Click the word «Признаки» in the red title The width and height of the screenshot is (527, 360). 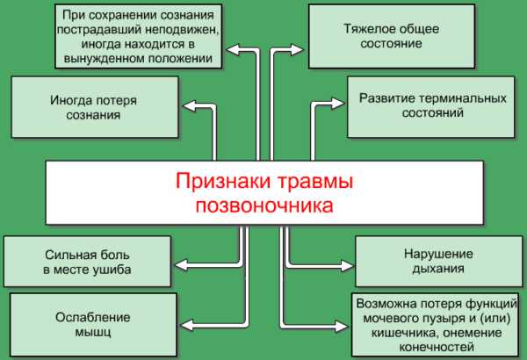coord(223,182)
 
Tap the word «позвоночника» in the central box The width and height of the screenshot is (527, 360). coord(264,205)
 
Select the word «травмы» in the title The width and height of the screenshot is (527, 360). coord(315,182)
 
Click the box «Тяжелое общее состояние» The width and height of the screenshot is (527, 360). coord(392,36)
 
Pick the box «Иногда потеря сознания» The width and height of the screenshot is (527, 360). coord(95,107)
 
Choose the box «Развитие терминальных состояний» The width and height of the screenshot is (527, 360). coord(431,107)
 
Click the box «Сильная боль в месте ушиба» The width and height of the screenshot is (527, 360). coord(87,262)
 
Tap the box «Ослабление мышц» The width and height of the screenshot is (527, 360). coord(93,325)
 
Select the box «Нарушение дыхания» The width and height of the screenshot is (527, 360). coord(438,262)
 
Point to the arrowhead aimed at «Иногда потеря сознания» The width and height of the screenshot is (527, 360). coord(189,106)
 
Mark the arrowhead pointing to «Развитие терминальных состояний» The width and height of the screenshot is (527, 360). coord(338,104)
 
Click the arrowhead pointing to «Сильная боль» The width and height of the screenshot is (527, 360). coord(182,265)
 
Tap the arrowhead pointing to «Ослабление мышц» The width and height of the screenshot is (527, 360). coord(187,325)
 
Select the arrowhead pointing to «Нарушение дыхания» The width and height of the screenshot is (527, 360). coord(347,265)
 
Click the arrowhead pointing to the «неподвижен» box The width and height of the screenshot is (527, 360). coord(234,50)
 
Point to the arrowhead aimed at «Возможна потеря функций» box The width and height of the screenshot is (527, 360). coord(342,326)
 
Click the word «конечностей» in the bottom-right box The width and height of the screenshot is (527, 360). coord(437,347)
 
